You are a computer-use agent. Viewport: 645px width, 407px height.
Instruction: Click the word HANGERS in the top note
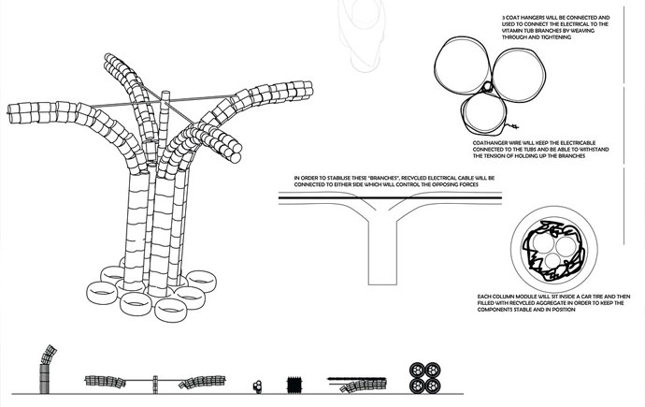pos(526,18)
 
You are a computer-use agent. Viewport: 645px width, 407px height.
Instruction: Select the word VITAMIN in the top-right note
pos(510,31)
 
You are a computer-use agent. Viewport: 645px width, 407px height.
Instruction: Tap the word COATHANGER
pos(487,143)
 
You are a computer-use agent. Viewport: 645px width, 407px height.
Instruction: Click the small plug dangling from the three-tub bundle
pos(513,126)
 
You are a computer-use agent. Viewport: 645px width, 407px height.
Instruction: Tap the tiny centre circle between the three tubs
pos(487,86)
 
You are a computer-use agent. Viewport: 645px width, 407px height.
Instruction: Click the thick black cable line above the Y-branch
pos(390,198)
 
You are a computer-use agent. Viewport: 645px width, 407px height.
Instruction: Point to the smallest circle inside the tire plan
pos(552,260)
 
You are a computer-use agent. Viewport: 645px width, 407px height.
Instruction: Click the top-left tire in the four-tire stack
pos(418,370)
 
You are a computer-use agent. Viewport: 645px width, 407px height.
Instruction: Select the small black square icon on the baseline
pos(294,385)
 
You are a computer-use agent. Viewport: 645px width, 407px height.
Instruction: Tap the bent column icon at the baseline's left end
pos(46,370)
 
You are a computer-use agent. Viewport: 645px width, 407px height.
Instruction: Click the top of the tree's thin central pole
pos(165,93)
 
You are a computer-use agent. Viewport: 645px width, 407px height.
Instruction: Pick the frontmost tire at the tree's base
pos(171,310)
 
